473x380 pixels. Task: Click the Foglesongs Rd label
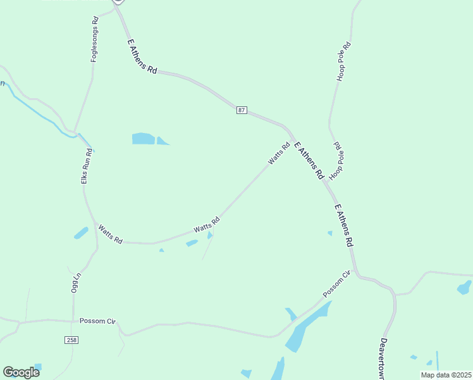pos(95,39)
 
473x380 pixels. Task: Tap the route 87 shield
pos(242,110)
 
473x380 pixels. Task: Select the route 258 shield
pos(71,340)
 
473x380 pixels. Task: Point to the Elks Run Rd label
pos(89,165)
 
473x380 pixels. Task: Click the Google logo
pos(21,372)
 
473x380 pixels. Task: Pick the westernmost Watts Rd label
pos(110,234)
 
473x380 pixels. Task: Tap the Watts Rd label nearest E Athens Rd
pos(278,153)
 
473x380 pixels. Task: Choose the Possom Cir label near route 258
pos(98,322)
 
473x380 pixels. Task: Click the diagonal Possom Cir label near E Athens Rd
pos(336,284)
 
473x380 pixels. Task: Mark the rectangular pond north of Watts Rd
pos(143,138)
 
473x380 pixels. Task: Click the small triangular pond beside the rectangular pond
pos(162,141)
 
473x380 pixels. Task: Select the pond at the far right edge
pos(464,287)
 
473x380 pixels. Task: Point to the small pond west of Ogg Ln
pos(80,233)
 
